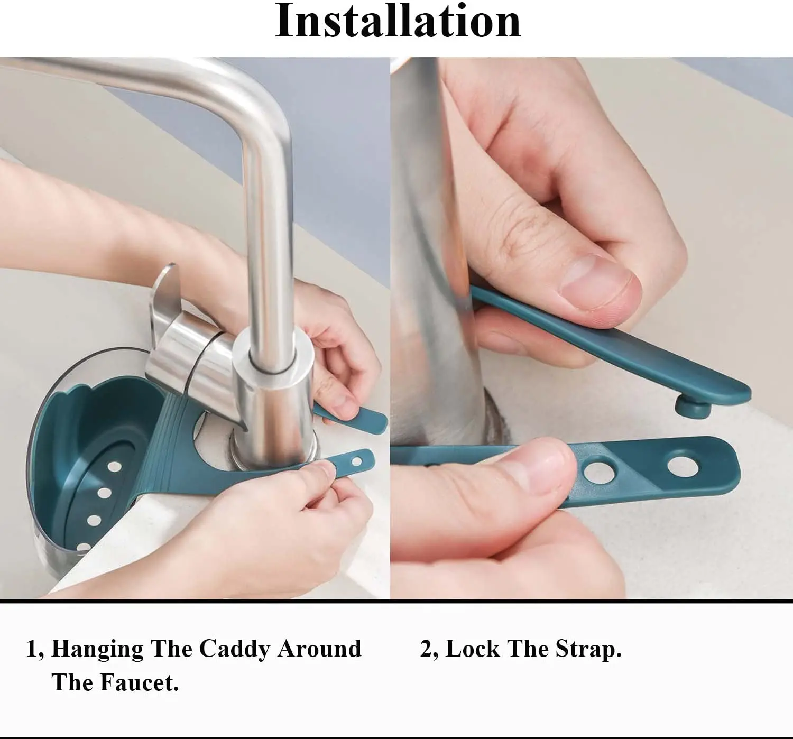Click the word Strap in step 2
pyautogui.click(x=588, y=649)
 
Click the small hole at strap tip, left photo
pyautogui.click(x=356, y=462)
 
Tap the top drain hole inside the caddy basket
pyautogui.click(x=115, y=467)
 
